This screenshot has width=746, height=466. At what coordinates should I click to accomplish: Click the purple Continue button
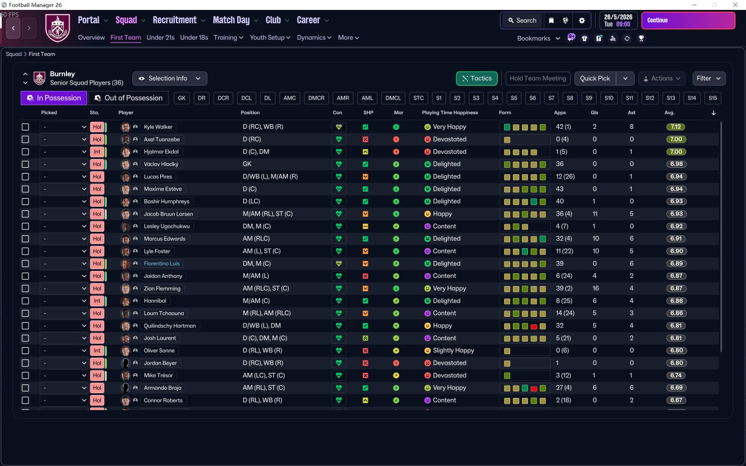click(688, 20)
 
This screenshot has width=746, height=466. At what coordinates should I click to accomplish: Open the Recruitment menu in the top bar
click(175, 20)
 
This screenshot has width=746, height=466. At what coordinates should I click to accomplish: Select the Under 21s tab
click(160, 38)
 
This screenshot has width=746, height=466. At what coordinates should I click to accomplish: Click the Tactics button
click(476, 79)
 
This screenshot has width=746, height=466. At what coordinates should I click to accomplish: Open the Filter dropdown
click(709, 79)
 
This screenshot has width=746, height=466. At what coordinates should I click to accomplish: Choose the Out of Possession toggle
click(128, 98)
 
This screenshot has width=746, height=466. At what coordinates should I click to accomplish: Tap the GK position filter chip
click(182, 98)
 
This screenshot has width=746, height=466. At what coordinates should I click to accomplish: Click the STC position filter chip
click(418, 98)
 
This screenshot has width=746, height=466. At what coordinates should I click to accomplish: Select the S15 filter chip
click(712, 98)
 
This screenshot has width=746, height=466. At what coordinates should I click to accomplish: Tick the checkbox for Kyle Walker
click(25, 127)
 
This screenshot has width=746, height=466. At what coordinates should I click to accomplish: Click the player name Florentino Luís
click(161, 264)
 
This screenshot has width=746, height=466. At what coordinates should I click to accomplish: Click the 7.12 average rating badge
click(676, 127)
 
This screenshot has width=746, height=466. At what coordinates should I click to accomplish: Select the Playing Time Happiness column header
click(449, 112)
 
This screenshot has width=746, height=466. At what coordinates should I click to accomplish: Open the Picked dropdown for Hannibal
click(64, 301)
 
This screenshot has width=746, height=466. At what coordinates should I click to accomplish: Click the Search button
click(521, 20)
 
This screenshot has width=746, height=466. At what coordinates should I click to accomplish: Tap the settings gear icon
click(582, 20)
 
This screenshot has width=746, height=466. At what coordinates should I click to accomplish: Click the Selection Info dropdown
click(170, 79)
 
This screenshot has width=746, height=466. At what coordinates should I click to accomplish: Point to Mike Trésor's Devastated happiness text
click(449, 376)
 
